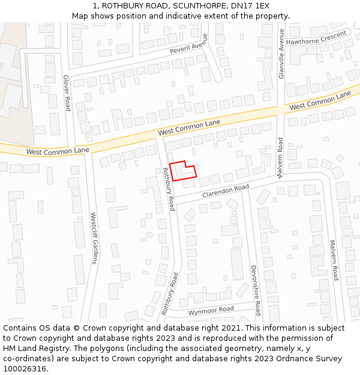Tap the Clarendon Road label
pyautogui.click(x=225, y=191)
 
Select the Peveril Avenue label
pyautogui.click(x=179, y=49)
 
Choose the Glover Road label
pyautogui.click(x=67, y=92)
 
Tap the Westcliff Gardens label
pyautogui.click(x=94, y=238)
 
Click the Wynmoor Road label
pyautogui.click(x=211, y=310)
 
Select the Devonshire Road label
pyautogui.click(x=254, y=290)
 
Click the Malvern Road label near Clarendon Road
pyautogui.click(x=280, y=157)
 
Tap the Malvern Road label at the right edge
pyautogui.click(x=333, y=260)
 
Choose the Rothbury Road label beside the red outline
pyautogui.click(x=168, y=188)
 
